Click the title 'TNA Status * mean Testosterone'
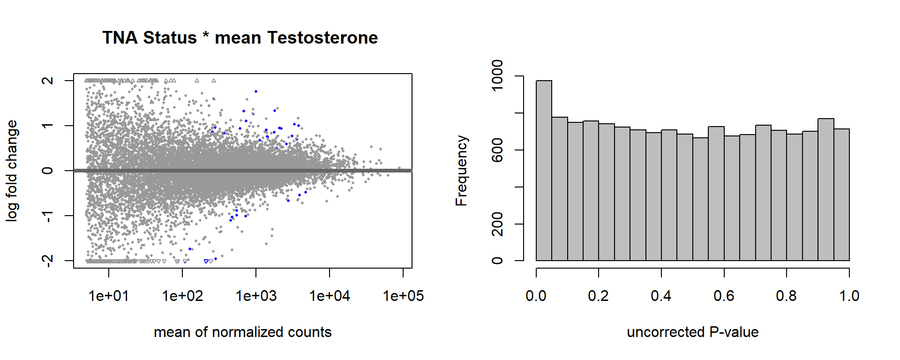[x=240, y=37]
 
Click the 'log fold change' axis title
[x=12, y=171]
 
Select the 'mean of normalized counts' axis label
[x=242, y=332]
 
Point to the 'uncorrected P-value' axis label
[x=692, y=332]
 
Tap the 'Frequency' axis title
[x=462, y=171]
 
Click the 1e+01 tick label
[x=109, y=296]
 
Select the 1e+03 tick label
[x=256, y=296]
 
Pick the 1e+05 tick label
[x=403, y=296]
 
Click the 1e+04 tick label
[x=330, y=296]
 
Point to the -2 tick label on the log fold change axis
[x=47, y=260]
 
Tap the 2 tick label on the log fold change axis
[x=47, y=81]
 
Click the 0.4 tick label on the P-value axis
[x=661, y=296]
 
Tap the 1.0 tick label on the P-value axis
[x=849, y=296]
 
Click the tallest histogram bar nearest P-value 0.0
[x=544, y=171]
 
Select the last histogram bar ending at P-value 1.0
[x=841, y=195]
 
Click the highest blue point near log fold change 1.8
[x=256, y=91]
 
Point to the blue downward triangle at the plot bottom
[x=206, y=261]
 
